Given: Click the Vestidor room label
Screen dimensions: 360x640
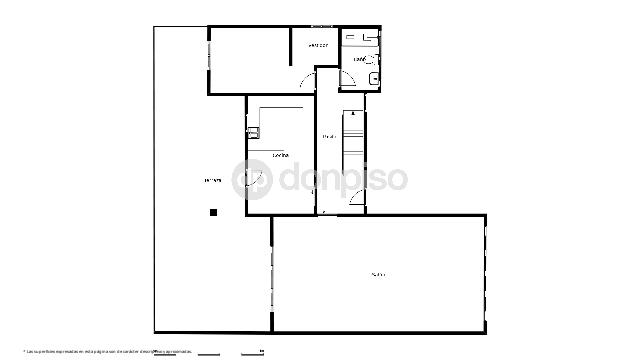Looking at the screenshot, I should pos(319,45).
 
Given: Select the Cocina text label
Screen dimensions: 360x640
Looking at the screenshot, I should pos(281,156).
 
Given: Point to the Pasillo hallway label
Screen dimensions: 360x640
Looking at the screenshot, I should pos(328,136).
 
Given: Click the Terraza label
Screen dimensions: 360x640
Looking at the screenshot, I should pos(212,180).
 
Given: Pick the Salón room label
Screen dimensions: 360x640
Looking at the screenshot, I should pos(378,274).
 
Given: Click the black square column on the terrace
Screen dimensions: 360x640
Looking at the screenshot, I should pos(213,212).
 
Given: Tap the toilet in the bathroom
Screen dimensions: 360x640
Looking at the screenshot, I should pos(374,79).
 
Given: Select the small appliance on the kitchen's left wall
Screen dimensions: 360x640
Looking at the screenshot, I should pos(253,132).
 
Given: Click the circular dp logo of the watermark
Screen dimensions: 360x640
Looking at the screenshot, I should pos(250,180).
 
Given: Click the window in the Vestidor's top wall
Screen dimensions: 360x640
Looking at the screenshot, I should pos(322,25).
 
